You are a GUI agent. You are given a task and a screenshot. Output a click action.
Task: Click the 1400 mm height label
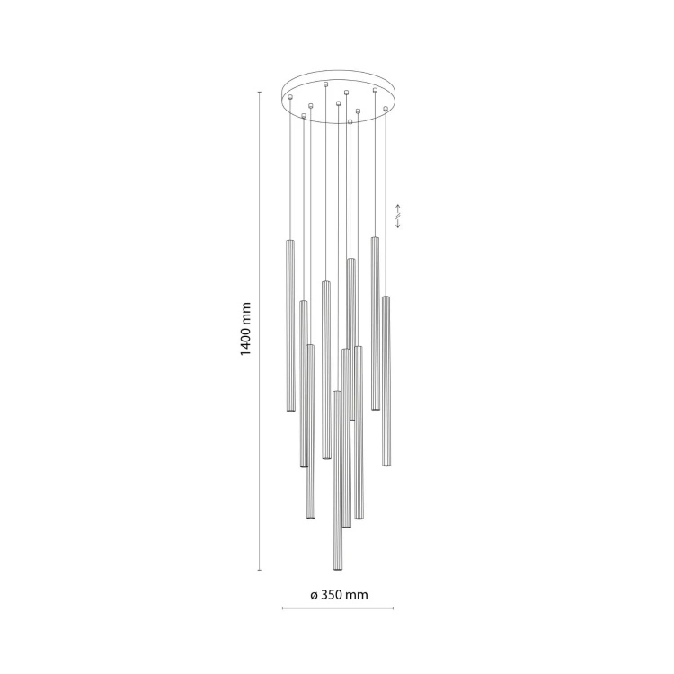245,329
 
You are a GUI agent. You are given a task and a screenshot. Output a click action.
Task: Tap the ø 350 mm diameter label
339,595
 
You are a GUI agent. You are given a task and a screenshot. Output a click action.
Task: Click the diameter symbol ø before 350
314,595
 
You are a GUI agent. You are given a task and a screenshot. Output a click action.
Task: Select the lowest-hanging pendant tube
337,481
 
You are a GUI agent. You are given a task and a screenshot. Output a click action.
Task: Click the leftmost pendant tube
290,325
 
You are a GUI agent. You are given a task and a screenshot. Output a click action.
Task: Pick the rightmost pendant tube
386,381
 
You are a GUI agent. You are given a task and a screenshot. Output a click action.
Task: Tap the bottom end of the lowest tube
337,570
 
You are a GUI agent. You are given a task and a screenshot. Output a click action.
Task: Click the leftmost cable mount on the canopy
290,97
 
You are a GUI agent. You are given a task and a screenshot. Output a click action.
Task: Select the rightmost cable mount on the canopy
386,109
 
